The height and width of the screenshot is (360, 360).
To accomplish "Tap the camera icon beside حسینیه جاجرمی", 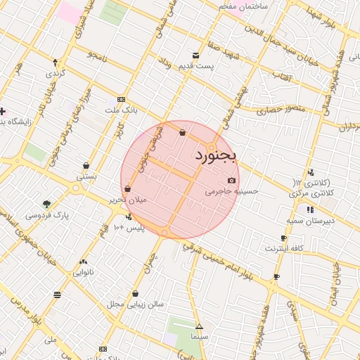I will tap(232, 181).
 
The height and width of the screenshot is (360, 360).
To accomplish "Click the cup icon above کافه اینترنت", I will tap(283, 238).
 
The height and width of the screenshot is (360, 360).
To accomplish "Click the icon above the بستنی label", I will tap(86, 167).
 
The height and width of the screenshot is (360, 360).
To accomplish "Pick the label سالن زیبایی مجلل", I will tap(135, 304).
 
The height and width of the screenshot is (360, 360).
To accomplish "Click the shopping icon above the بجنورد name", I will tap(183, 132).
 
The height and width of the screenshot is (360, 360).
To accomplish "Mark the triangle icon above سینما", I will tap(199, 327).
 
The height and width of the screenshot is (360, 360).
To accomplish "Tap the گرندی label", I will tap(56, 72).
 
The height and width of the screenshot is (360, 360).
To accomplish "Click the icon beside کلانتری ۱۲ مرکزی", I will tap(311, 172).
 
